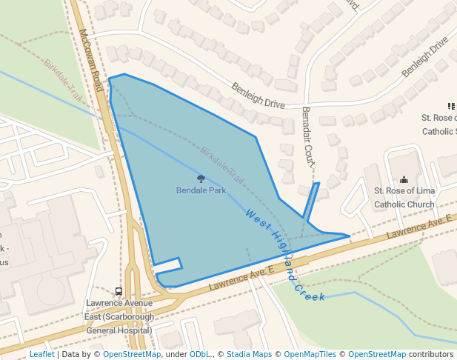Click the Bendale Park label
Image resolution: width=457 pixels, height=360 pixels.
(x=201, y=190)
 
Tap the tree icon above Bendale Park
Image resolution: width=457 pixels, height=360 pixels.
(x=201, y=179)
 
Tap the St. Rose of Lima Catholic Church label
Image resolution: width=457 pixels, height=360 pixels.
(x=404, y=198)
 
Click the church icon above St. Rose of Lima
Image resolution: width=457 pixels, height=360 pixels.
(x=404, y=179)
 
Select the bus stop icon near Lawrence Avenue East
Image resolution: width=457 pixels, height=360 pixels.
(x=119, y=291)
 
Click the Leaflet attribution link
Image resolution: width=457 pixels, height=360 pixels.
(x=41, y=354)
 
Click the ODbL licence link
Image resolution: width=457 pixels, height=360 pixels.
(x=199, y=354)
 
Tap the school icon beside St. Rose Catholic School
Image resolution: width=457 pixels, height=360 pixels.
(x=451, y=107)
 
